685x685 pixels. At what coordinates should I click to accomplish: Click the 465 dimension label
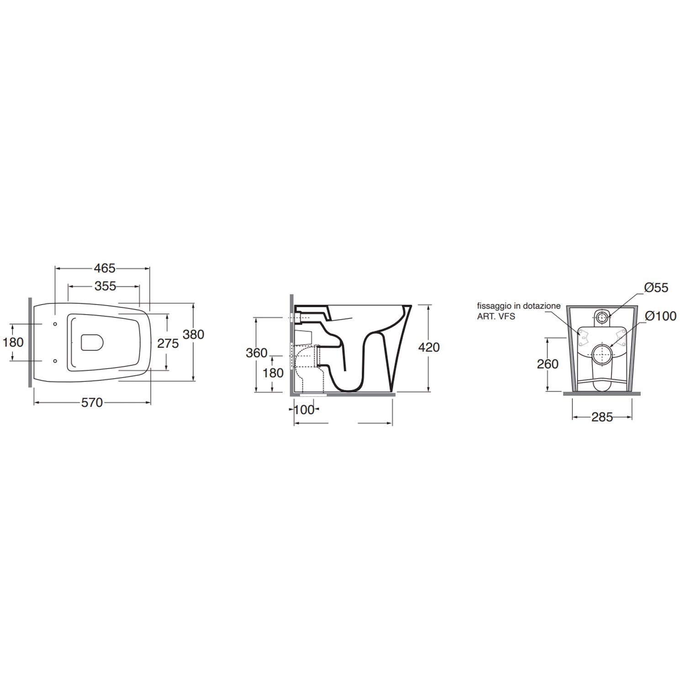point(105,269)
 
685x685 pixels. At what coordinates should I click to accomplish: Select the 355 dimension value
point(105,286)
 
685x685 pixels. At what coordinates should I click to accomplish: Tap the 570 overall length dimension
point(92,403)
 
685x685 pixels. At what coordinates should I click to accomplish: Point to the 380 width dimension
point(194,334)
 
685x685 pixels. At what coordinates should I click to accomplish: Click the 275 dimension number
point(168,343)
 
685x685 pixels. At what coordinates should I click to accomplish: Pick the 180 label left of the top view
point(13,342)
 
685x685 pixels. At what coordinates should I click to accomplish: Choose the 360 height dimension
point(257,353)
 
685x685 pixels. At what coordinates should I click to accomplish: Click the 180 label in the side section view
point(273,373)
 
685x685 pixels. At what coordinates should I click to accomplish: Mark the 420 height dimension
point(429,348)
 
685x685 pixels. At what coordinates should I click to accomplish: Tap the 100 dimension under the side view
point(304,410)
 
